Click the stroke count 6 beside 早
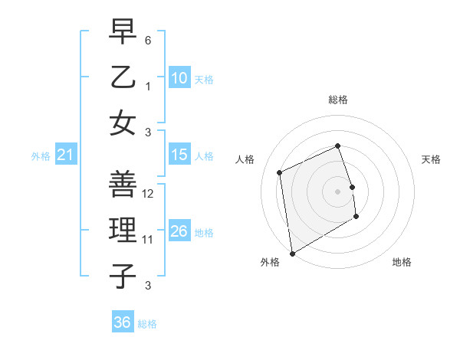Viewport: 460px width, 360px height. coord(149,39)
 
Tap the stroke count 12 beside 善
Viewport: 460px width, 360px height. coord(149,194)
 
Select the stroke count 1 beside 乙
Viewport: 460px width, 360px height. coord(149,84)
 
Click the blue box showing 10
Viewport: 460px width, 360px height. coord(179,77)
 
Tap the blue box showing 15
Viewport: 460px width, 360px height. coord(179,155)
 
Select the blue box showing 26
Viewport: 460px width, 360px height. coord(179,231)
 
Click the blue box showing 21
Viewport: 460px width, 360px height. coord(65,155)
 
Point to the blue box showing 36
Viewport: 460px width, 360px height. coord(122,322)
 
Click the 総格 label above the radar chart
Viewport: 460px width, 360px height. coord(338,100)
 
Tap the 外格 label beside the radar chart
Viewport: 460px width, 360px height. coord(270,262)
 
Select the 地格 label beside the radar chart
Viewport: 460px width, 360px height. coord(402,262)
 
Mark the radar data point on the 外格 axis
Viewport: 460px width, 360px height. coord(292,253)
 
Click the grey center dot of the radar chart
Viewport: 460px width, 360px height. coord(337,191)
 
